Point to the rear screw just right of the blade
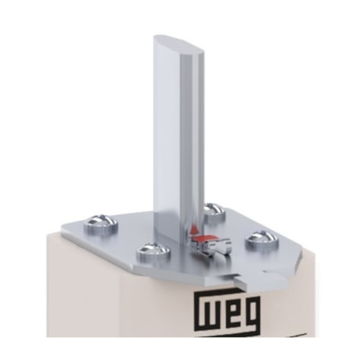tap(211, 210)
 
